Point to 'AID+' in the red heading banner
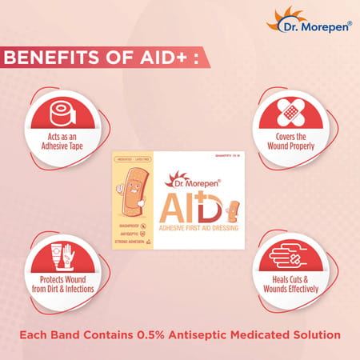tap(161, 59)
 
